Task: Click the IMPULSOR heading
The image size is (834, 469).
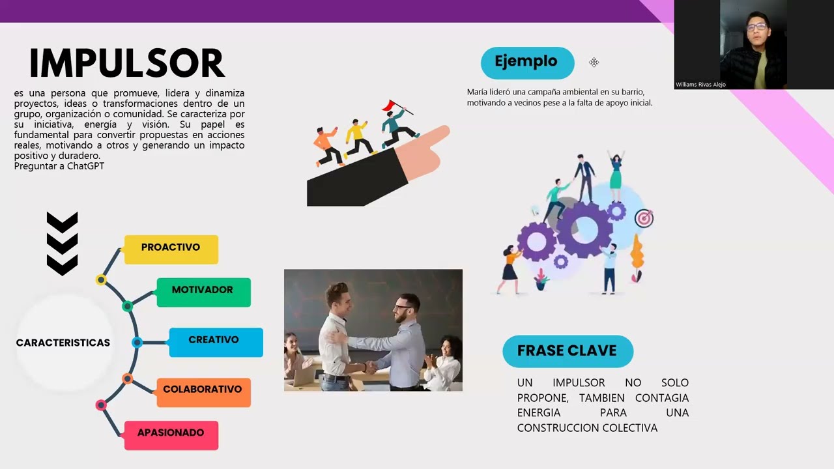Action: coord(127,64)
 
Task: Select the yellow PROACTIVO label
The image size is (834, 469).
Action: coord(171,248)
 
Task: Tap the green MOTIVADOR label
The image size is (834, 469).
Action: coord(203,291)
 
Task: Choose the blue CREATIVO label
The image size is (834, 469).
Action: coord(214,341)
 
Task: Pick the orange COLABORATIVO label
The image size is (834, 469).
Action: coord(203,390)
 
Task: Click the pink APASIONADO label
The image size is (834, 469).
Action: coord(171,434)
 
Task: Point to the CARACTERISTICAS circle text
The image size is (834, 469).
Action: coord(63,343)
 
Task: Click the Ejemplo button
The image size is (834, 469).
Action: coord(526,63)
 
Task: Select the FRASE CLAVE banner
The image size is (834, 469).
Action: coord(567,351)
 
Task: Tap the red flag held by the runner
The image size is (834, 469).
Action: coord(390,105)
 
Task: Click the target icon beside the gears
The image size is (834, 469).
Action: coord(644,218)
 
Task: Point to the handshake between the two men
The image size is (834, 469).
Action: coord(369,367)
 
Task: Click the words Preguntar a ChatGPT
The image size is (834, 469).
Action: coord(59,166)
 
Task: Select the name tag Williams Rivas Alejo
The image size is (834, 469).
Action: coord(700,85)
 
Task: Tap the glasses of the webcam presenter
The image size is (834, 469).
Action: coord(756,27)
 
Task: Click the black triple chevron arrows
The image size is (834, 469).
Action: coord(63,243)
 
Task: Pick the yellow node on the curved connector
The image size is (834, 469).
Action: coord(101,280)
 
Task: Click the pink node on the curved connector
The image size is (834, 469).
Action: coord(101,405)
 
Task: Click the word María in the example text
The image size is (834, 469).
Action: coord(477,92)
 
